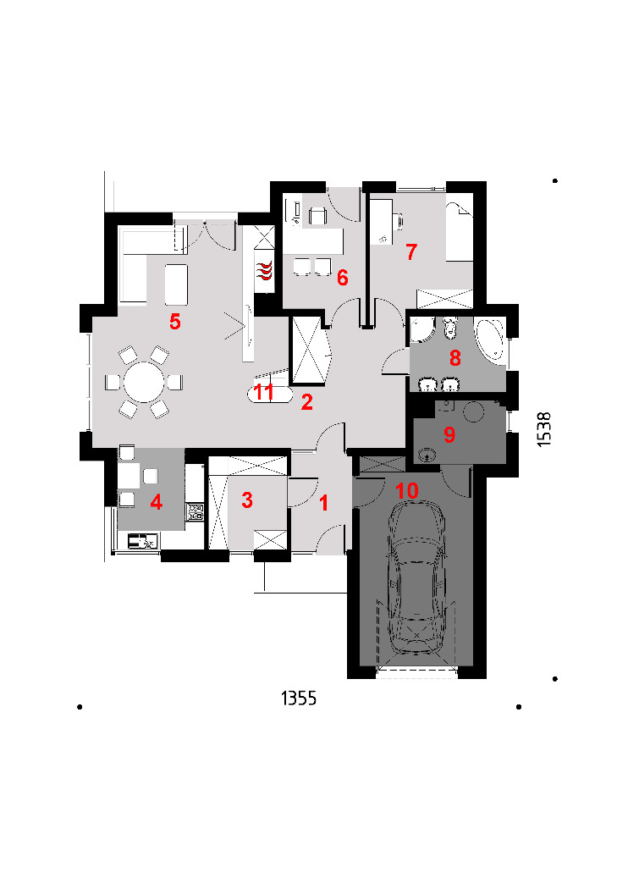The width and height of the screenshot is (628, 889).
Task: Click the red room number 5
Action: [x=175, y=322]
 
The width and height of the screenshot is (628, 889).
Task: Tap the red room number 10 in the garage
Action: [x=407, y=490]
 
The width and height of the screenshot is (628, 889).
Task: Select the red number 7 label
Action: [x=411, y=251]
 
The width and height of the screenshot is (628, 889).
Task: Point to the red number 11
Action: [x=264, y=392]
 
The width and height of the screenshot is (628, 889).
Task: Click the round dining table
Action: [x=144, y=382]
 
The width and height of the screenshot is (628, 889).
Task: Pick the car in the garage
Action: [x=416, y=577]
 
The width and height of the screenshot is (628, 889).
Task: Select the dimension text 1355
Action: [x=299, y=698]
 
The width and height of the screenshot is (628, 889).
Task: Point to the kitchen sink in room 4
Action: [x=141, y=542]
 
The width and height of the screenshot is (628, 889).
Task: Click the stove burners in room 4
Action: [x=196, y=511]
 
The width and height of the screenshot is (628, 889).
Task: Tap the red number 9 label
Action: [x=449, y=435]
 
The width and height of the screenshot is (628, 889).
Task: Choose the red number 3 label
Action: [x=246, y=500]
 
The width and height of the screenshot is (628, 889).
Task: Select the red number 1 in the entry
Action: [x=324, y=503]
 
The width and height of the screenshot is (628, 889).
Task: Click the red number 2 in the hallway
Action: [x=306, y=402]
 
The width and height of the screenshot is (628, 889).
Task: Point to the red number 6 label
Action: [x=342, y=277]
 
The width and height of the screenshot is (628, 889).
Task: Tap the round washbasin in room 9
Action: [x=427, y=454]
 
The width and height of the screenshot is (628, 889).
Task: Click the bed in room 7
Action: [x=459, y=231]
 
